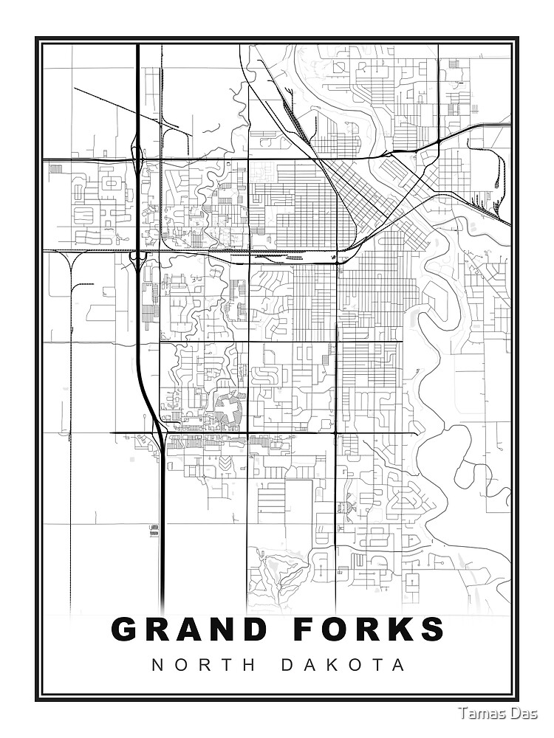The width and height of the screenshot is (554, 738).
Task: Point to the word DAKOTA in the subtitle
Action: pyautogui.click(x=343, y=665)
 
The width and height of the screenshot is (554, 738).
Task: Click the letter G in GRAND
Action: pyautogui.click(x=126, y=630)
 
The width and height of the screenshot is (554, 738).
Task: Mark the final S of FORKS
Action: pyautogui.click(x=431, y=630)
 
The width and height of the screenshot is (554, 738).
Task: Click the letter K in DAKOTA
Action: pyautogui.click(x=329, y=665)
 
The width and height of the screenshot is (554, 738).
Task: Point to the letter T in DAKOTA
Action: pyautogui.click(x=377, y=665)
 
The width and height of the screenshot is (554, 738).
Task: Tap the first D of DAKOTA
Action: pyautogui.click(x=287, y=665)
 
